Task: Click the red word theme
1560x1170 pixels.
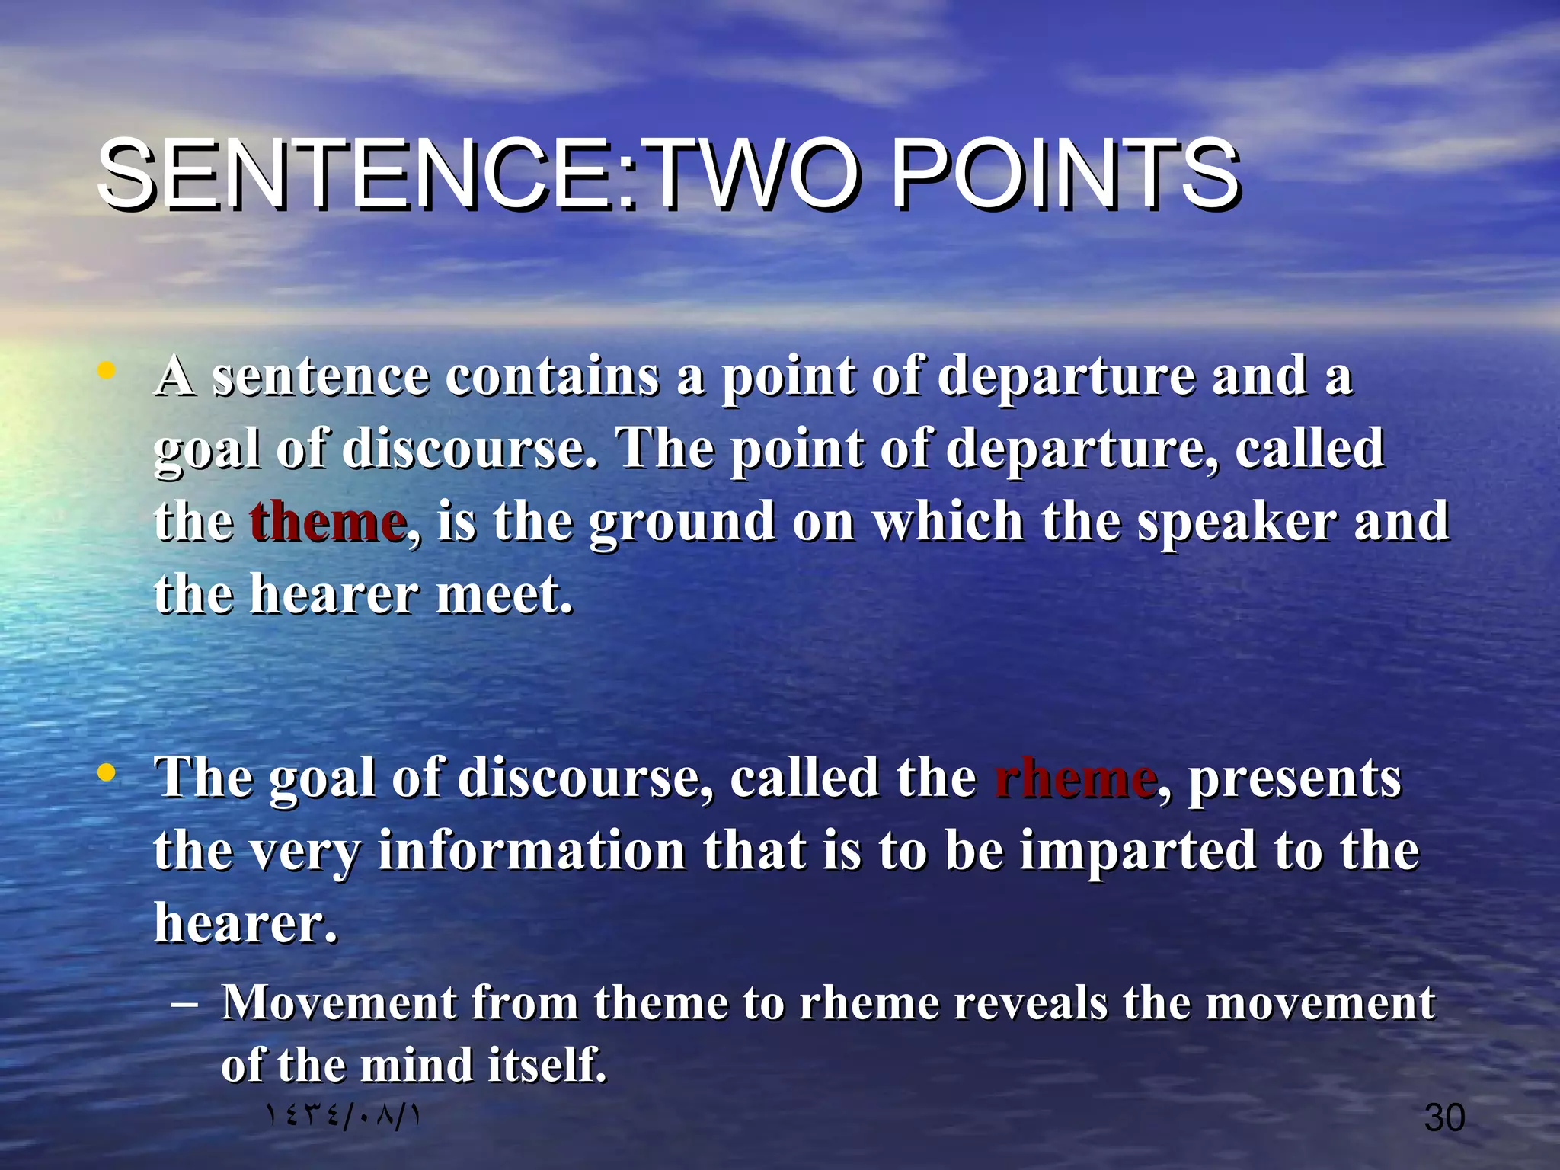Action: pyautogui.click(x=328, y=522)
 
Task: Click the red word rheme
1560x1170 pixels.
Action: pyautogui.click(x=1075, y=778)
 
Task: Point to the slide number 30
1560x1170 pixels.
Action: pyautogui.click(x=1444, y=1117)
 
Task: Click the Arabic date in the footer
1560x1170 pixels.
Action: pyautogui.click(x=343, y=1116)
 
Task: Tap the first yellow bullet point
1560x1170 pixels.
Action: pyautogui.click(x=106, y=372)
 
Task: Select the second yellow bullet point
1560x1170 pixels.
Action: pyautogui.click(x=106, y=773)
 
